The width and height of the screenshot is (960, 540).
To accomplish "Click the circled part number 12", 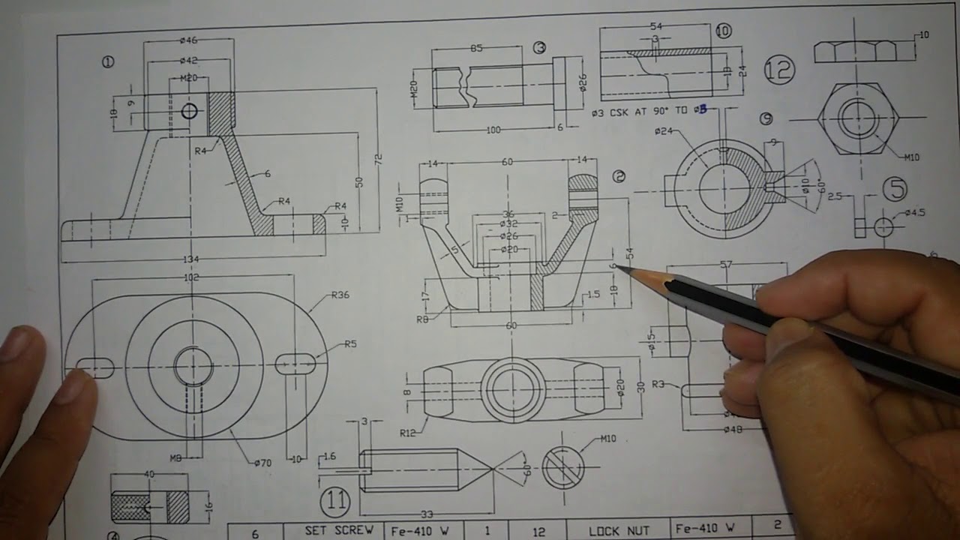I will point(779,70).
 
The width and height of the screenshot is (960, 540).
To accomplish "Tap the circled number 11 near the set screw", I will point(334,500).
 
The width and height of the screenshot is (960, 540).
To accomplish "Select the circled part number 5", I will point(895,188).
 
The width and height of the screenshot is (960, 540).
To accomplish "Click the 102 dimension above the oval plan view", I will point(191,277).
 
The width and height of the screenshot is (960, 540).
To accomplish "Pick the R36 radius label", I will point(340,295).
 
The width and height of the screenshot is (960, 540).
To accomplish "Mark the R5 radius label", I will point(350,344).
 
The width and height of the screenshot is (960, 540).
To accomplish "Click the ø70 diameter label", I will point(262,463).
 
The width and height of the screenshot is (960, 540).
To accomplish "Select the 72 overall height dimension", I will point(379,159).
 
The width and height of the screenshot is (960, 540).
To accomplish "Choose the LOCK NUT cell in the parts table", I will point(618,531).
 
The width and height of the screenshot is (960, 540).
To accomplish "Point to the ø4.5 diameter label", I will point(914,212).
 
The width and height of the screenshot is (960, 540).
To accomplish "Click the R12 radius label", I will point(407,432).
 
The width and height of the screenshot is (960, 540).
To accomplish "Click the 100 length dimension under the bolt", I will point(493,130).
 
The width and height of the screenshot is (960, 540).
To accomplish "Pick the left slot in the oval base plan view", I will point(95,367).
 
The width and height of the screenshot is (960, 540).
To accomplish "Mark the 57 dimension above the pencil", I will point(725,265).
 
